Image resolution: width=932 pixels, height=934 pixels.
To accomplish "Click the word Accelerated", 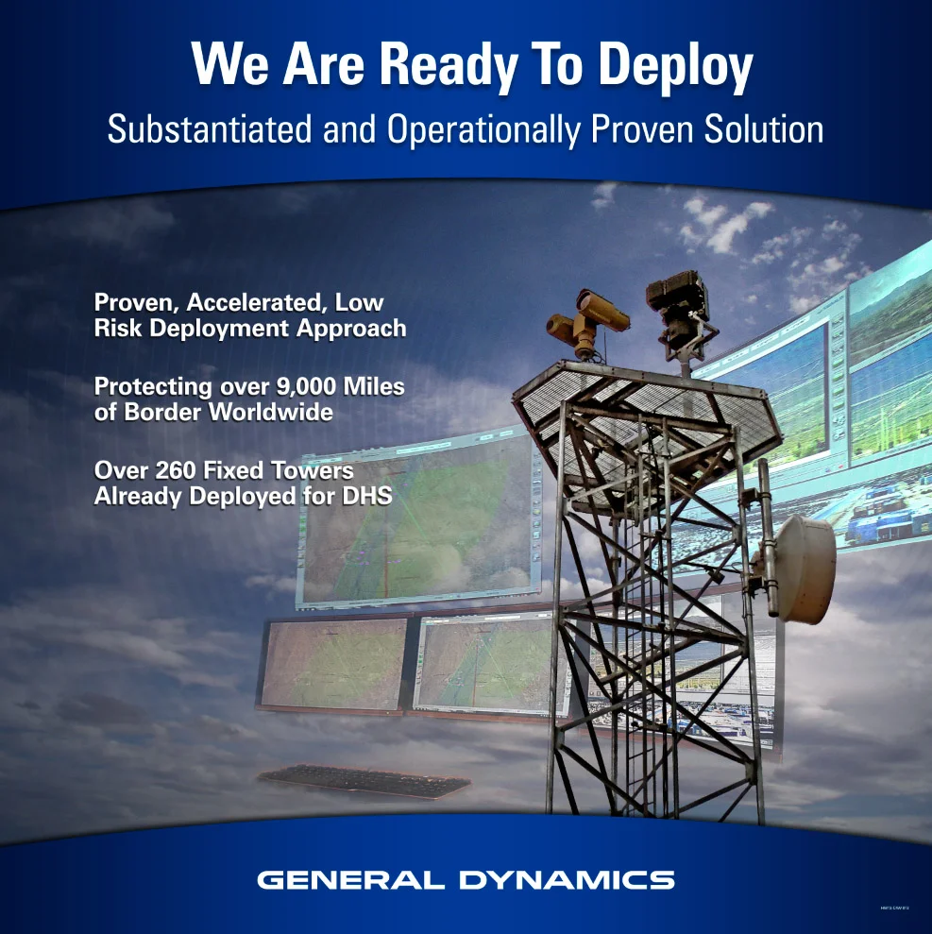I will tap(261, 303).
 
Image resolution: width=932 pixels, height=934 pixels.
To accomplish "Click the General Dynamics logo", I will tap(466, 880).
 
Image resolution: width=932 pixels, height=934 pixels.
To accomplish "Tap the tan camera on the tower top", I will tap(587, 317).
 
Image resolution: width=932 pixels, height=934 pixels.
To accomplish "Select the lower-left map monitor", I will tap(334, 662).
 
